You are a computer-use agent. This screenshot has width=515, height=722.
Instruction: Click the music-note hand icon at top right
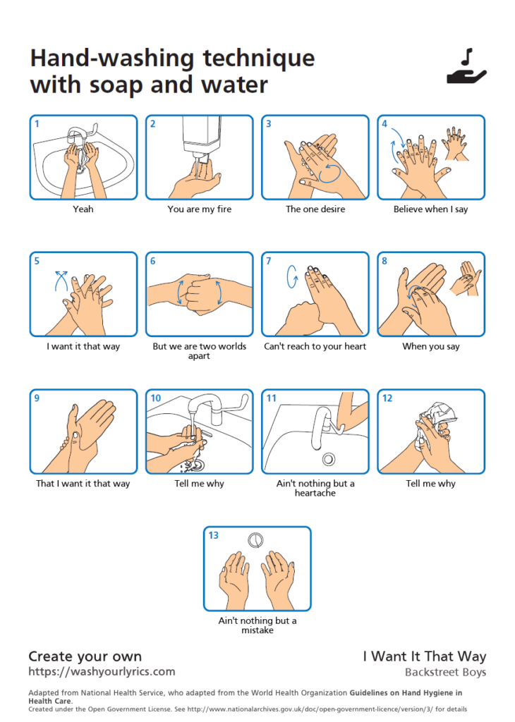click(x=466, y=67)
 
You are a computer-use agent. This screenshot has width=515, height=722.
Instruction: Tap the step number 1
click(x=37, y=123)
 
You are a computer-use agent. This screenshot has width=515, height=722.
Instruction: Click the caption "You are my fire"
click(x=200, y=209)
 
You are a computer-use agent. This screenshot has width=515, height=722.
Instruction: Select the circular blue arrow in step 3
click(x=330, y=173)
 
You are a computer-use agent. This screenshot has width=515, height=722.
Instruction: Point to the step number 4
click(x=384, y=123)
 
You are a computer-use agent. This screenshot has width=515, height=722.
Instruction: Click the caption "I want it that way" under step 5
click(x=83, y=346)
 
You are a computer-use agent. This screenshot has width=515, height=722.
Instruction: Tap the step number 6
click(x=153, y=261)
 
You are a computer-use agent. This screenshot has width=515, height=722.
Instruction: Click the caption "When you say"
click(x=431, y=346)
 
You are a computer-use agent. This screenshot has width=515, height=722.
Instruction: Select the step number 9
click(x=37, y=398)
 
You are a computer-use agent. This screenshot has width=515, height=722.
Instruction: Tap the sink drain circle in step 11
click(x=329, y=459)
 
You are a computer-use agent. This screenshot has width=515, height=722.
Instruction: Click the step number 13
click(x=213, y=535)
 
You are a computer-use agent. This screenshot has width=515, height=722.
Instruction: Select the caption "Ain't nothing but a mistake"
click(x=257, y=625)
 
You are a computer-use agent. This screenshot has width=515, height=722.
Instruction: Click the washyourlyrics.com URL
click(x=102, y=671)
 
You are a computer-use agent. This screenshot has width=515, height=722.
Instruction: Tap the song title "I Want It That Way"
click(x=424, y=656)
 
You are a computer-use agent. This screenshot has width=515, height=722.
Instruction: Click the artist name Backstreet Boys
click(x=445, y=672)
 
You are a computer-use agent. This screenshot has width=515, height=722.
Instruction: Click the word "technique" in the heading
click(x=259, y=59)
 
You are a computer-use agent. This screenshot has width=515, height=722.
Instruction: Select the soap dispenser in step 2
click(x=201, y=136)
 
